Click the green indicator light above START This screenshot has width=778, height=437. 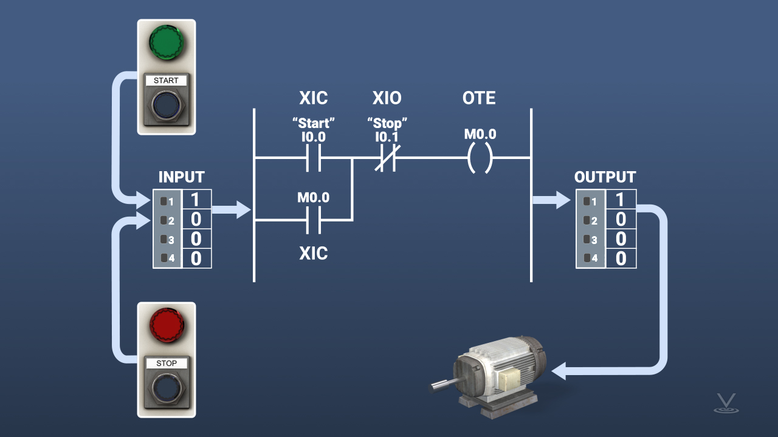pos(166,42)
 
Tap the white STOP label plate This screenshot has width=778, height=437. pos(167,364)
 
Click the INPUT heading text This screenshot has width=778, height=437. pos(182,177)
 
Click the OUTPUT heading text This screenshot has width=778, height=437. pos(605,177)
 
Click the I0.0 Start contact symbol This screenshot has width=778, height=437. pos(314,159)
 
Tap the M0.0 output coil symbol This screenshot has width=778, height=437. pos(479,159)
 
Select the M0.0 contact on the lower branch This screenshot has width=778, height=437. pos(314,220)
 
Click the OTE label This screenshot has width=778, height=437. pos(479,98)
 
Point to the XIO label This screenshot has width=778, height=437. pos(387,98)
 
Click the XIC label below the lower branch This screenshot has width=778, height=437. pos(314,253)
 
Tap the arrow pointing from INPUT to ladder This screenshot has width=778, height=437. pos(232,210)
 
